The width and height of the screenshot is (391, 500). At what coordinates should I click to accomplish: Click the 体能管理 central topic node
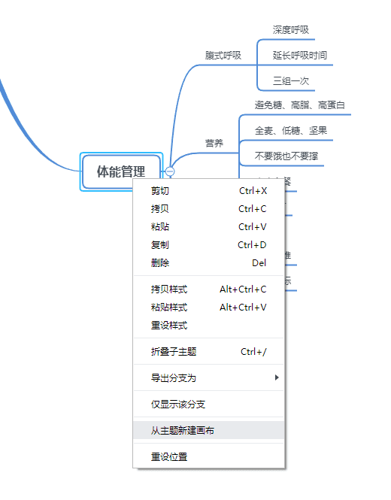[120, 171]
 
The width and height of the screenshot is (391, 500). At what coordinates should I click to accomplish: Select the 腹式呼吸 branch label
[223, 56]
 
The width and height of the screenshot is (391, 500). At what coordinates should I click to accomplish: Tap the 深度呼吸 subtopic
[290, 30]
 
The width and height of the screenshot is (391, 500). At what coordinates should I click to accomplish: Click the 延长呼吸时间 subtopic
[299, 56]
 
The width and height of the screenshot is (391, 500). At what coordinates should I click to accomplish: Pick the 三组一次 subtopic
[290, 80]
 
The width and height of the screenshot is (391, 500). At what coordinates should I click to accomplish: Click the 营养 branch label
[214, 143]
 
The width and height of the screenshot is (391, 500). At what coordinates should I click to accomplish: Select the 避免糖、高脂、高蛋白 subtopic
[299, 105]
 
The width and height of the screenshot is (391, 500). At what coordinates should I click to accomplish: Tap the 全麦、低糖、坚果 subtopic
[290, 131]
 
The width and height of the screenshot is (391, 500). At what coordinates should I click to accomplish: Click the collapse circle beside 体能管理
[171, 171]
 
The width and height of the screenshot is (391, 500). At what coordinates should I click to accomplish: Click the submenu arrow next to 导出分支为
[277, 377]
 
